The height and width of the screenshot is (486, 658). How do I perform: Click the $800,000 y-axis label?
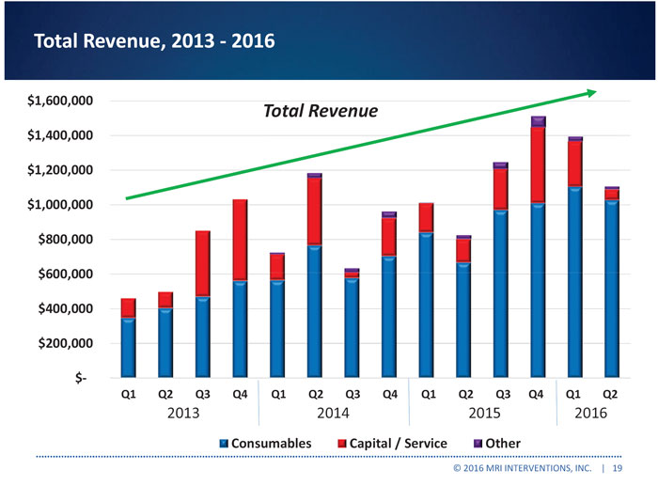click(x=67, y=240)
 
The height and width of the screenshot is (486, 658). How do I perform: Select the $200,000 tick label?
click(x=67, y=344)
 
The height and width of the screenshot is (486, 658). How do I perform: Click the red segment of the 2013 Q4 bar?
click(x=240, y=240)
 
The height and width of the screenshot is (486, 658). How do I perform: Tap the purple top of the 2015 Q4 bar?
click(x=538, y=121)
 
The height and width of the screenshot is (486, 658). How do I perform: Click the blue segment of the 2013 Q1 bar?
click(x=128, y=346)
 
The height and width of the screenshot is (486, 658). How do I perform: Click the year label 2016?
click(x=591, y=413)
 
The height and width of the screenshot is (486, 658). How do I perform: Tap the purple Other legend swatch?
click(x=477, y=443)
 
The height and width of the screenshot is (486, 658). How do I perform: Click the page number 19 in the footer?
click(x=617, y=467)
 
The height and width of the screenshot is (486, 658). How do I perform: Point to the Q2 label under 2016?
click(x=611, y=395)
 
